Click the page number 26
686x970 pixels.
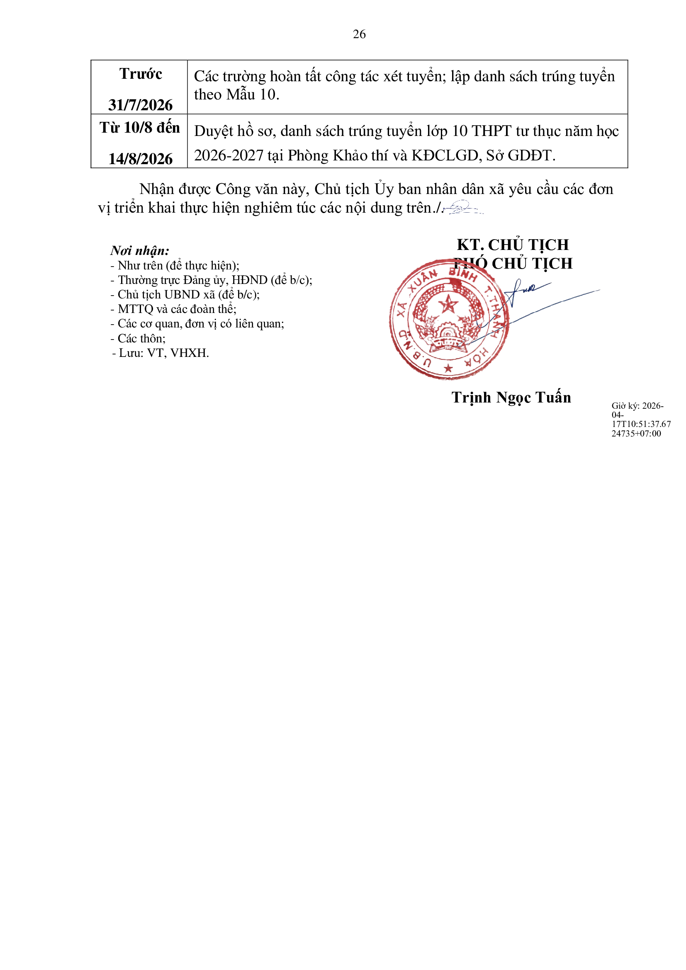[359, 34]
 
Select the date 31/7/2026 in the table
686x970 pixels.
[140, 105]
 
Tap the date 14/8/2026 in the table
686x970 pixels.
[140, 159]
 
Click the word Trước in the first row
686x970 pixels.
[141, 74]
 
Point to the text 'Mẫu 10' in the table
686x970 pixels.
[252, 94]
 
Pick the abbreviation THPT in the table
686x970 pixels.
[491, 131]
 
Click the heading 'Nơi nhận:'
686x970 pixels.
[140, 250]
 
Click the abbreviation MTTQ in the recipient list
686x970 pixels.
[135, 309]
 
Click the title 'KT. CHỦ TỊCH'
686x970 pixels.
[513, 245]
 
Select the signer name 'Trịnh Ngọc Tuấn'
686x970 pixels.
[511, 398]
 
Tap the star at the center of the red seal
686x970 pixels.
[448, 303]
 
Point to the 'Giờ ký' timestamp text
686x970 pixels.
[641, 420]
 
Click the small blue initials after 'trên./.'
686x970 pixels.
[463, 207]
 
